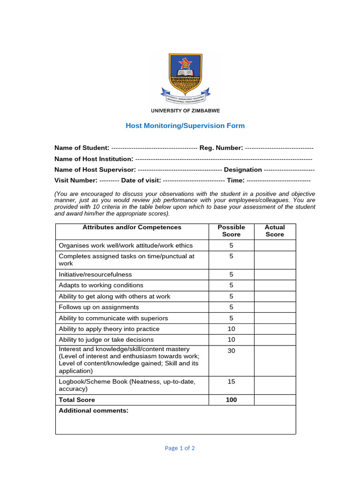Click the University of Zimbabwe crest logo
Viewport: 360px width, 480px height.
(185, 78)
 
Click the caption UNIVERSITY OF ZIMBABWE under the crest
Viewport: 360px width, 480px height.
(185, 111)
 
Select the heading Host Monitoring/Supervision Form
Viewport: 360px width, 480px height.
(185, 126)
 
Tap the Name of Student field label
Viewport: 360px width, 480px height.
(82, 148)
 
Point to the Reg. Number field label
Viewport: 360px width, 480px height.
(221, 148)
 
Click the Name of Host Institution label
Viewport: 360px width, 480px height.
(94, 159)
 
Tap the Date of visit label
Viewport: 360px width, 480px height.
(141, 180)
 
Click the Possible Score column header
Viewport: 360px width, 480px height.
(231, 231)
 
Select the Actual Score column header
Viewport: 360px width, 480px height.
(275, 231)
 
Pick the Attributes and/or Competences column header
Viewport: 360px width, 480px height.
(132, 227)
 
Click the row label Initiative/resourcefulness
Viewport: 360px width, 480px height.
(95, 274)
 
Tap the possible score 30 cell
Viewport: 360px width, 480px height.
(231, 351)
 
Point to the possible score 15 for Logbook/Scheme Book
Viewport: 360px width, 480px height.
(231, 382)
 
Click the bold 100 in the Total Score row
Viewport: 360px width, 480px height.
(231, 400)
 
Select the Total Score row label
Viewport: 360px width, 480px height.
(77, 400)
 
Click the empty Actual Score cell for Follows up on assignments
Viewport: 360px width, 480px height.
(275, 307)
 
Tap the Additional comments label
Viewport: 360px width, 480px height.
(93, 411)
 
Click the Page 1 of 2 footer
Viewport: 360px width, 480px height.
(180, 448)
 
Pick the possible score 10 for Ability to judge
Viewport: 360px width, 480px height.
(231, 339)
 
